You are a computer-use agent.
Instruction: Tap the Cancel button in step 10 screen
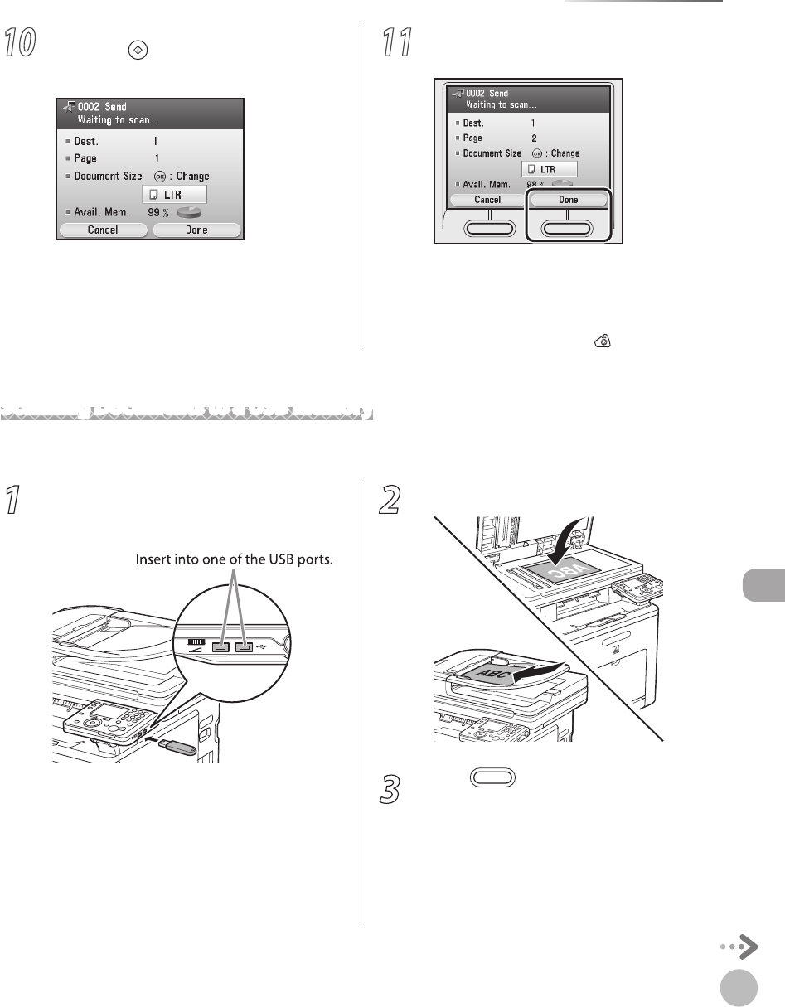click(102, 230)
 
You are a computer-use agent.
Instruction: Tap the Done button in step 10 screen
click(196, 230)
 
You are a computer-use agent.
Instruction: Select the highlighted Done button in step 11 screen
click(568, 200)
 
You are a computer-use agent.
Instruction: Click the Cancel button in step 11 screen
click(487, 200)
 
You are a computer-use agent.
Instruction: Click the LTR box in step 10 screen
click(174, 194)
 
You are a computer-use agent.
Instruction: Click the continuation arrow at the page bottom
click(739, 946)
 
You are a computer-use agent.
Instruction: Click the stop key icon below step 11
click(605, 341)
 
